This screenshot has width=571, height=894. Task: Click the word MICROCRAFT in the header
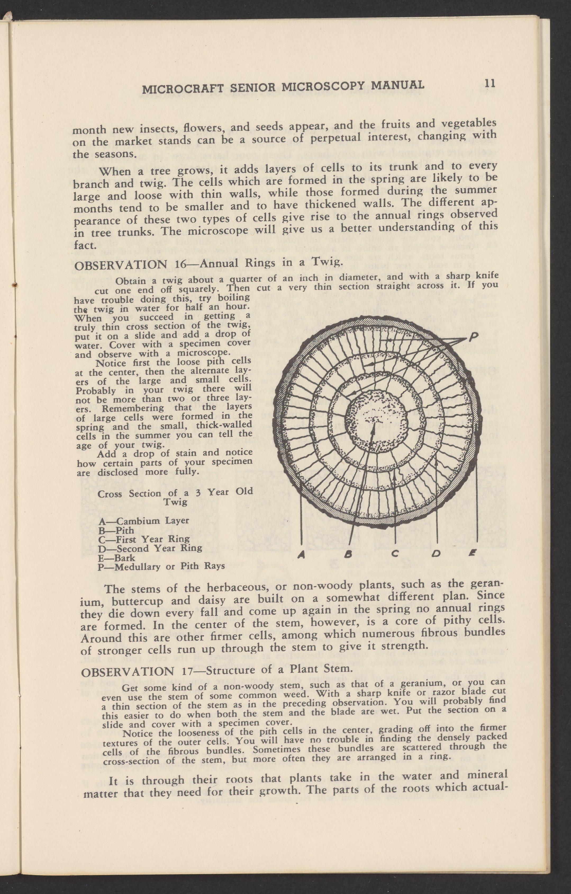pos(183,89)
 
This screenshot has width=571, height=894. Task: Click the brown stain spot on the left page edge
pos(15,285)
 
